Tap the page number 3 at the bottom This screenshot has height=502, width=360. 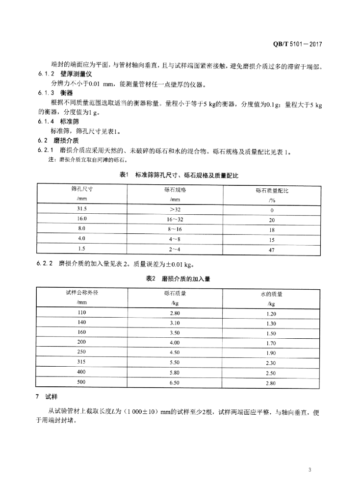[x=310, y=470]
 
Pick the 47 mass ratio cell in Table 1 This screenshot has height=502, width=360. [x=271, y=250]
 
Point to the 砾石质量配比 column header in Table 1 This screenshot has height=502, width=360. [x=271, y=191]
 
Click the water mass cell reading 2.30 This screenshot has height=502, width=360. [x=271, y=363]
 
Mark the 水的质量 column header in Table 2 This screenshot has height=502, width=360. [x=271, y=294]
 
